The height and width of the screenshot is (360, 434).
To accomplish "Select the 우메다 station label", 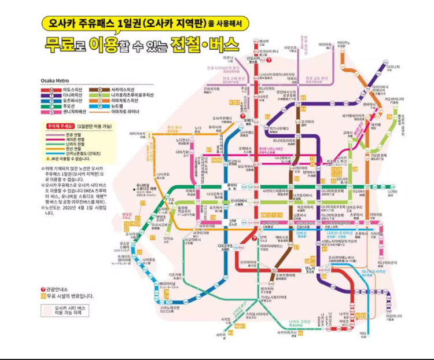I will [249, 122].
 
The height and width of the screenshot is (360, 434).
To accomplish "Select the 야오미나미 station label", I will [394, 318].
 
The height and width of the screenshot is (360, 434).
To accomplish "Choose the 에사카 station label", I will [264, 42].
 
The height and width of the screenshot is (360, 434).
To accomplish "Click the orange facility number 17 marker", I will [153, 237].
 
